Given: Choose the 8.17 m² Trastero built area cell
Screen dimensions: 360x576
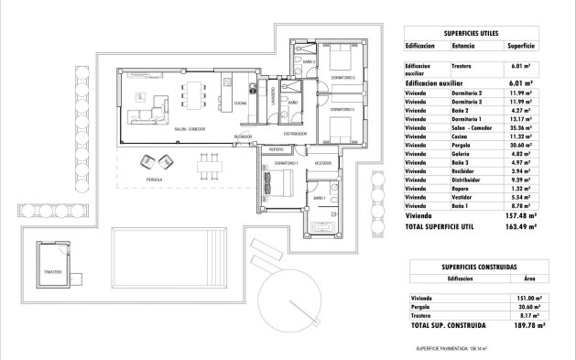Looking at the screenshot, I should coord(527,316).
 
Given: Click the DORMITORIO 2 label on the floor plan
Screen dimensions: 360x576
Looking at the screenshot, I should coord(342,79).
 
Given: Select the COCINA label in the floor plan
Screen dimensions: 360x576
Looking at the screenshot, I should coord(240,104).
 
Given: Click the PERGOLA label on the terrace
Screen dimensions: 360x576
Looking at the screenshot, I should coord(154,180).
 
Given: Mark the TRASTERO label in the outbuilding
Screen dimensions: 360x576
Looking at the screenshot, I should coord(51,273).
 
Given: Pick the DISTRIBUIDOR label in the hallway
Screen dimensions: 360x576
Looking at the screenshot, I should coord(294,134).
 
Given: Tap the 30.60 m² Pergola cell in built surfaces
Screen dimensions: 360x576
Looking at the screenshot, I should coord(527,307).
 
